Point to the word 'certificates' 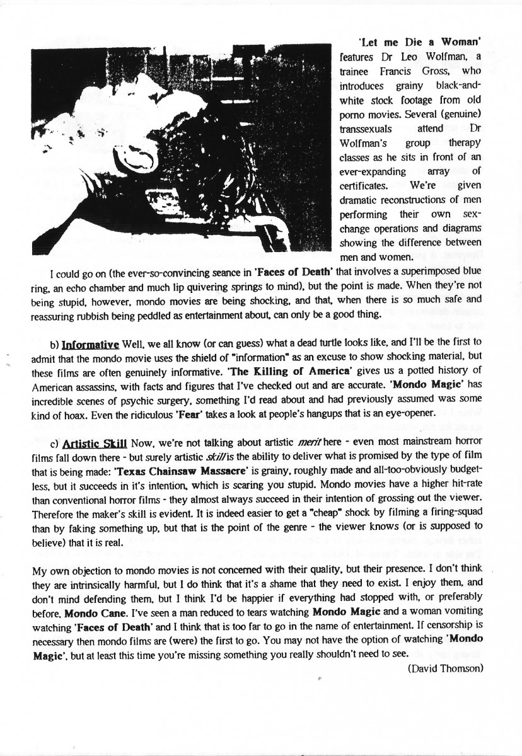pos(364,185)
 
